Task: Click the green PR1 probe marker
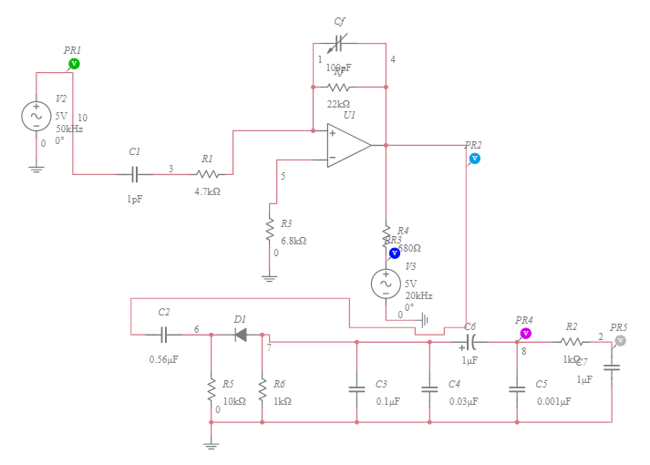click(75, 64)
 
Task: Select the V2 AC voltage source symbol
click(36, 116)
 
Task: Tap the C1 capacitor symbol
click(135, 173)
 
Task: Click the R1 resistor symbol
click(208, 173)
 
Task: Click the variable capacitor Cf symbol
click(339, 43)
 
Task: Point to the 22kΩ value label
click(338, 104)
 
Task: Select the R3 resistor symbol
click(270, 230)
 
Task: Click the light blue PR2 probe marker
click(474, 159)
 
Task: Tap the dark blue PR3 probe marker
click(395, 253)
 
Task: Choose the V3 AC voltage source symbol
click(386, 284)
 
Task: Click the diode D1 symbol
click(241, 335)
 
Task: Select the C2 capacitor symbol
click(164, 335)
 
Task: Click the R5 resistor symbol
click(211, 389)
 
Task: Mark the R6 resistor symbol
click(262, 389)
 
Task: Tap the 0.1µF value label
click(388, 401)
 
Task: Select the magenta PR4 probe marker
click(525, 333)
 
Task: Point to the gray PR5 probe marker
click(620, 340)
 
